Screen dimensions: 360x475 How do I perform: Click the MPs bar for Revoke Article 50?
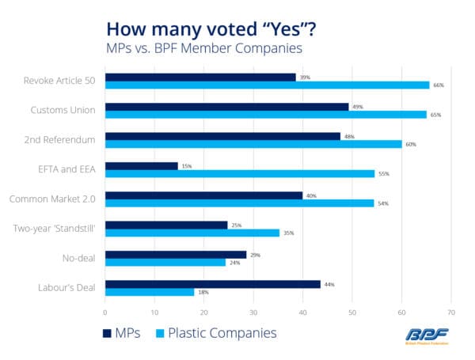pyautogui.click(x=200, y=77)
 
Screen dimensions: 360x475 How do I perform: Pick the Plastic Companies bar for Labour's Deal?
pyautogui.click(x=150, y=292)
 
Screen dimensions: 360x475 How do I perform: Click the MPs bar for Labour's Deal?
pyautogui.click(x=212, y=283)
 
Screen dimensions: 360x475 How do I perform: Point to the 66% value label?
pyautogui.click(x=437, y=85)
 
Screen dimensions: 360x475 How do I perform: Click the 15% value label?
pyautogui.click(x=187, y=165)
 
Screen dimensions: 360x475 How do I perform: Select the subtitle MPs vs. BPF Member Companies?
pyautogui.click(x=203, y=49)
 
